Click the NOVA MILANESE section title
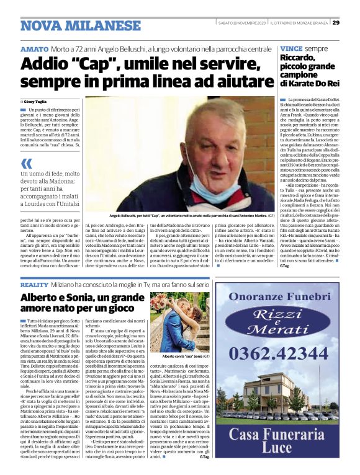[81, 25]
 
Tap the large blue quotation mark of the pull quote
[26, 164]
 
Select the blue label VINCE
[292, 48]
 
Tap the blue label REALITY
[35, 283]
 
